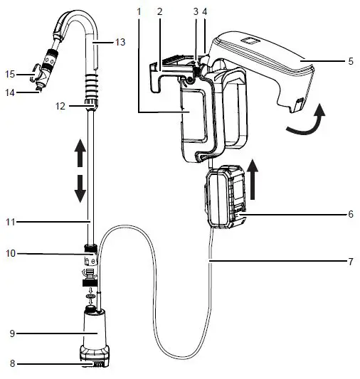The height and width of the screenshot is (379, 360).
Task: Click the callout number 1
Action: [x=140, y=13]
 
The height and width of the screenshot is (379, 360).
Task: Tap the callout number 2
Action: [x=159, y=13]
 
